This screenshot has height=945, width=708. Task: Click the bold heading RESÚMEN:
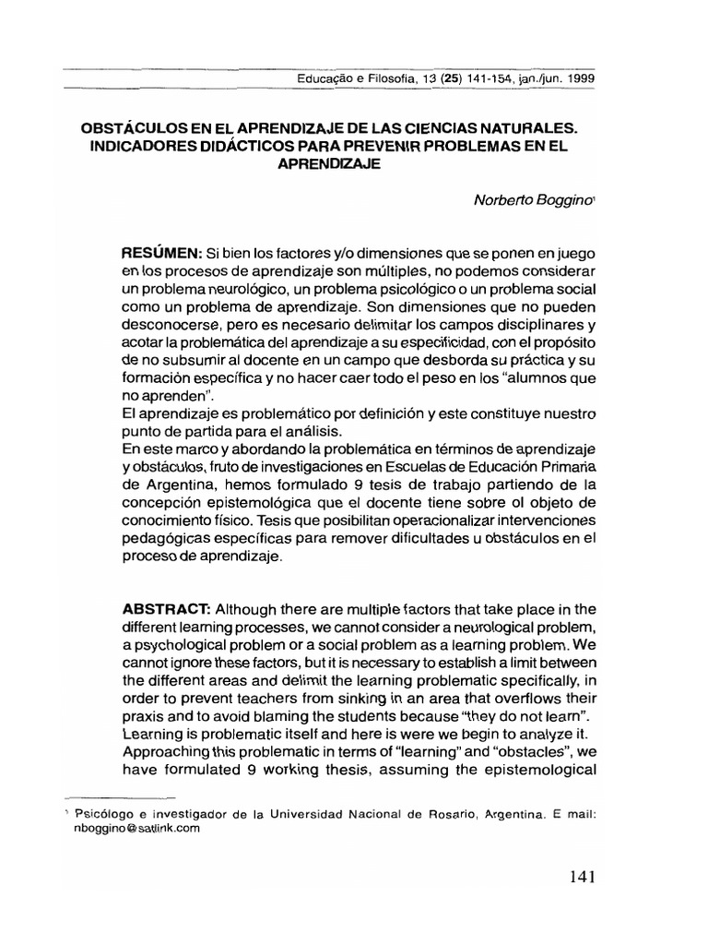(162, 252)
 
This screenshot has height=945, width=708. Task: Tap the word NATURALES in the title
(537, 124)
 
